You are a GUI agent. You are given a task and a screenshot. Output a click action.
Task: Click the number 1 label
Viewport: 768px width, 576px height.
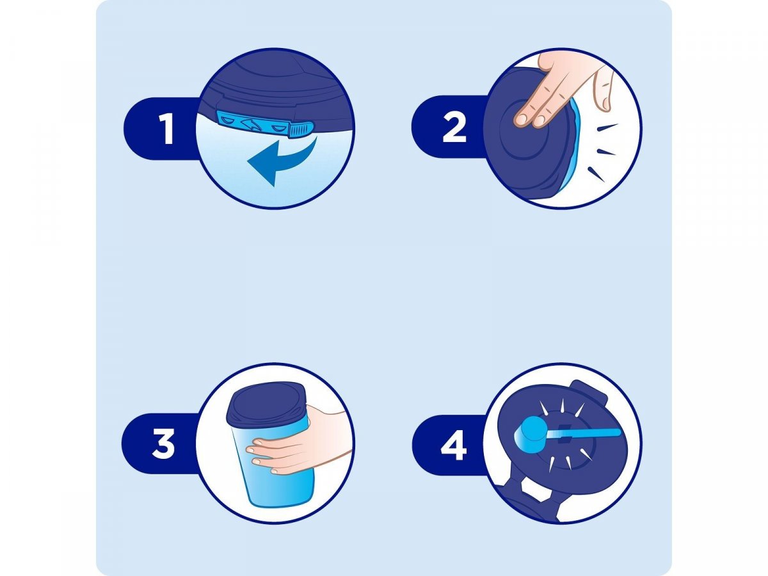[x=167, y=129]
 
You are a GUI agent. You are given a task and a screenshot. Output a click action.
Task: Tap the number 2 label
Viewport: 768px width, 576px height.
[x=454, y=127]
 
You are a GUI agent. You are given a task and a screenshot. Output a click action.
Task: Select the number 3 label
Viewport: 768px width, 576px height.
[x=164, y=444]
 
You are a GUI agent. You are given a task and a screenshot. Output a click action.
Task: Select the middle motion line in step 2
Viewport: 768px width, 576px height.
[x=605, y=152]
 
